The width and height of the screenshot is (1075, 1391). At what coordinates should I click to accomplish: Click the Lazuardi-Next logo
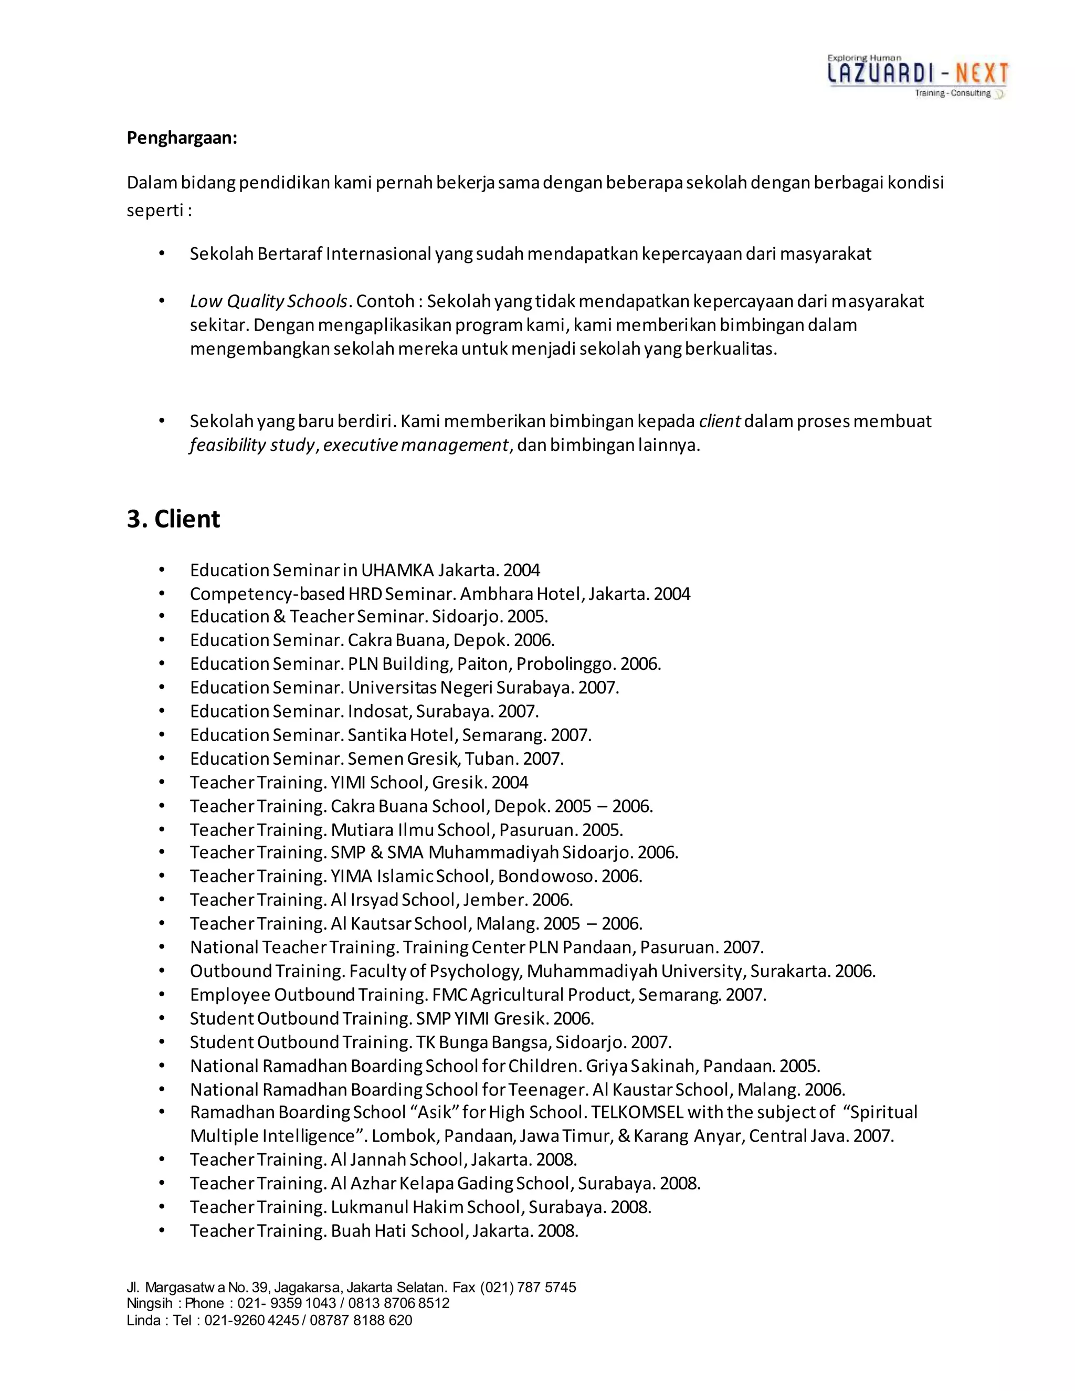coord(917,76)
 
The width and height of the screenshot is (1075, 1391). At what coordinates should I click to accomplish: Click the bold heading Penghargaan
coord(182,138)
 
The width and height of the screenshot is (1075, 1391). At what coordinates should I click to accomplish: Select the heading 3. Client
coord(173,519)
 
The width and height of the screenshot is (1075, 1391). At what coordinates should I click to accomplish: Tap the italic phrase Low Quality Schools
coord(269,301)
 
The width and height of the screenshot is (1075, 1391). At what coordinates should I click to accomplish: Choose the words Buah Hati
coord(368,1230)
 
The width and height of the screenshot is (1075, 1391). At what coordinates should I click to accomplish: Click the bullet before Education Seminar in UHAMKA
coord(162,570)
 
